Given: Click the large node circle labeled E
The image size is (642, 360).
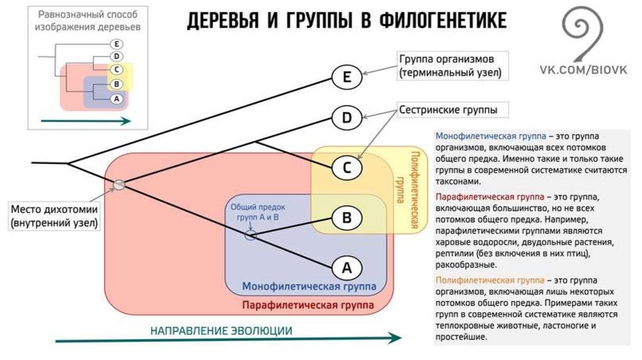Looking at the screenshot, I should point(347,78).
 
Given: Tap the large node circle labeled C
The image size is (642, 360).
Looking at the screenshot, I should point(347,167).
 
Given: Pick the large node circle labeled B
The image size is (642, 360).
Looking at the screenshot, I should point(347,218).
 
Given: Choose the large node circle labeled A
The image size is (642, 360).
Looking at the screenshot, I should point(347,268).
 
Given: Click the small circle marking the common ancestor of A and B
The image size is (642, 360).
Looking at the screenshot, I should point(250,236).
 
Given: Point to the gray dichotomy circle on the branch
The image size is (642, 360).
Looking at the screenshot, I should point(119,184).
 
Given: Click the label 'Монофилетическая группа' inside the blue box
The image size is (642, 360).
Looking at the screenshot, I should point(309,287).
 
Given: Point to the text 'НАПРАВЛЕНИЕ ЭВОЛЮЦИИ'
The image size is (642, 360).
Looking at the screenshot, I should point(221,331).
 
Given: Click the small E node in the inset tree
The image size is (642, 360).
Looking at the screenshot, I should point(116,44).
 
